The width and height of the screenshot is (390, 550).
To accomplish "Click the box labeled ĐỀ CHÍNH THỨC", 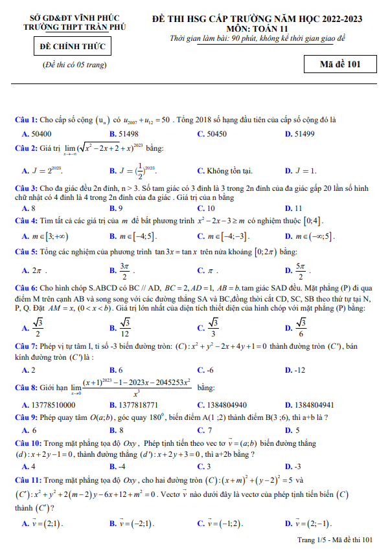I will (72, 47).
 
